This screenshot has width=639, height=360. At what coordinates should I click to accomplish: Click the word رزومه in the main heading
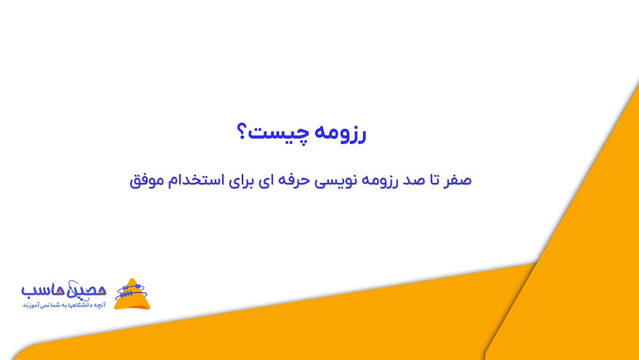click(x=341, y=134)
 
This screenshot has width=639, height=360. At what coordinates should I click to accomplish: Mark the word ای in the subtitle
click(x=264, y=180)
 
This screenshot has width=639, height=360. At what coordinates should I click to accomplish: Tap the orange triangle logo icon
click(x=132, y=294)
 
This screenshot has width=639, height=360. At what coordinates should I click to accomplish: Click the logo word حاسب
click(x=45, y=290)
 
